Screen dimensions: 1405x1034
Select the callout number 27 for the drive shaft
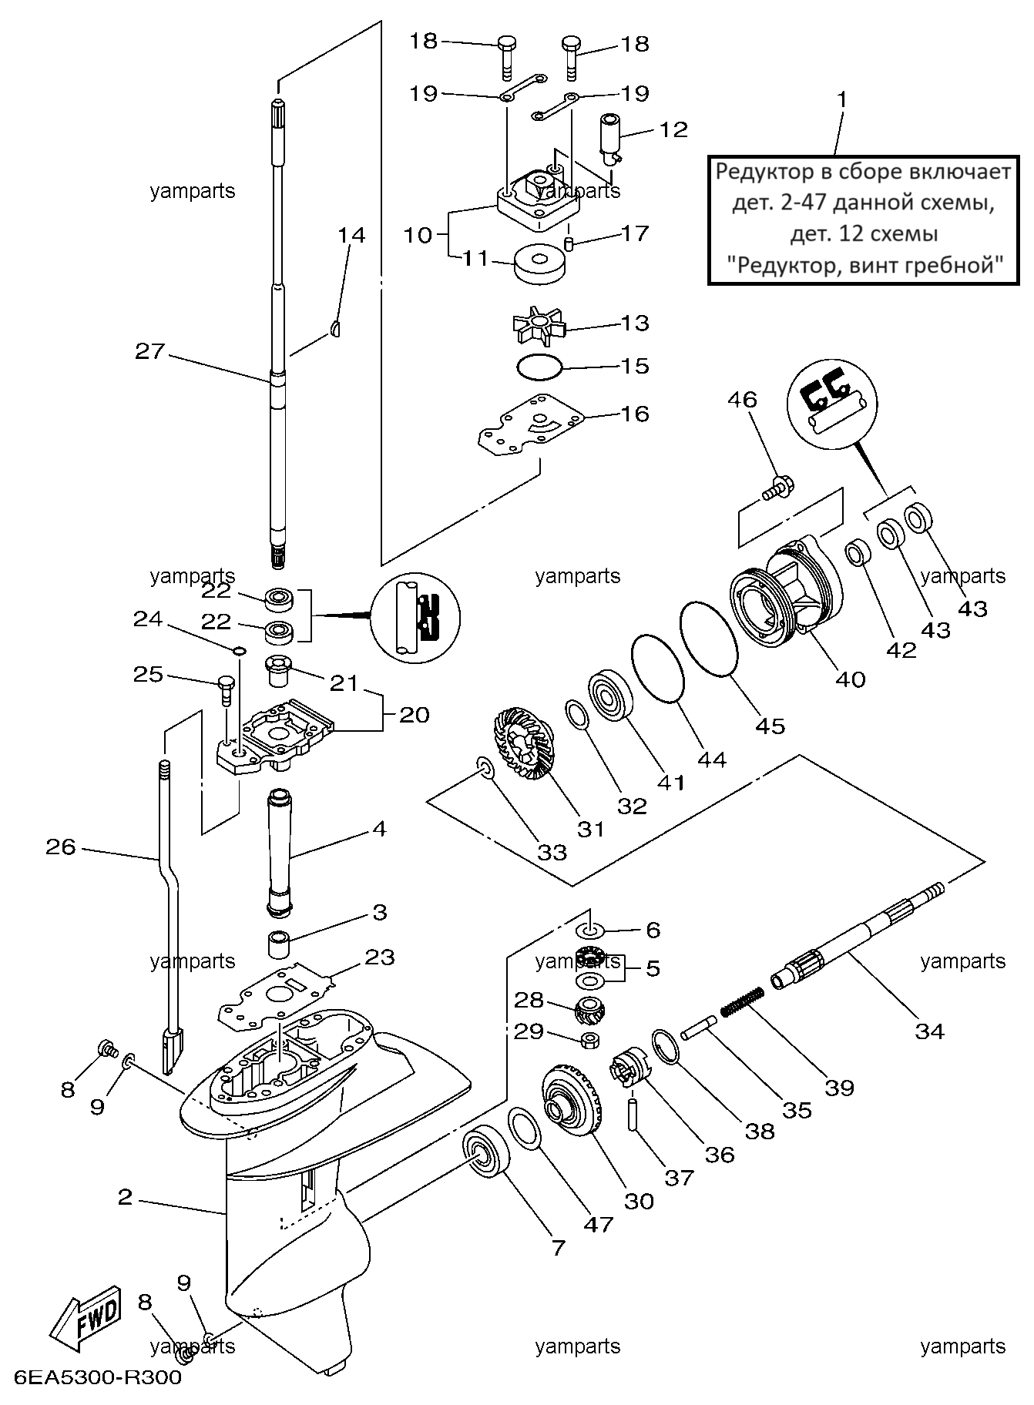[x=150, y=351]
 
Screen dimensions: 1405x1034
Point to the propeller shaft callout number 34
[x=930, y=1031]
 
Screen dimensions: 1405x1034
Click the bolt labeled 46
[x=772, y=488]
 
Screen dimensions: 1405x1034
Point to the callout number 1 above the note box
[x=842, y=100]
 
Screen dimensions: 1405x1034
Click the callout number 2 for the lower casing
[x=125, y=1196]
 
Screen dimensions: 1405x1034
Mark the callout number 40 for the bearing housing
[x=851, y=679]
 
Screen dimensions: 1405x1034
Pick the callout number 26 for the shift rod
[x=61, y=847]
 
